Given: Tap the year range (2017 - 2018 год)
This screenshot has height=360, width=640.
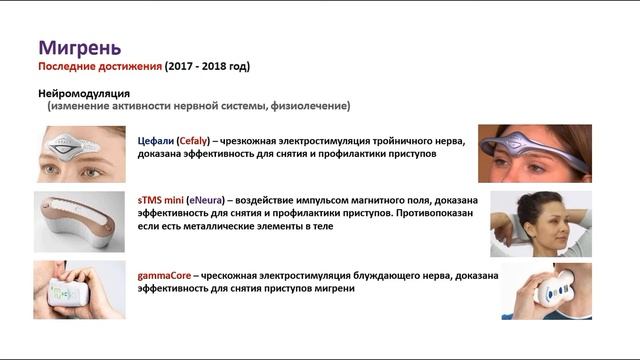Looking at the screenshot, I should coord(207,67).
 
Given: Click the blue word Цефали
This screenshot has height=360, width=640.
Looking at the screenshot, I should coord(158,141).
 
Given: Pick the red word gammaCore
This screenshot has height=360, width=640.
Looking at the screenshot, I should coord(166,273).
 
